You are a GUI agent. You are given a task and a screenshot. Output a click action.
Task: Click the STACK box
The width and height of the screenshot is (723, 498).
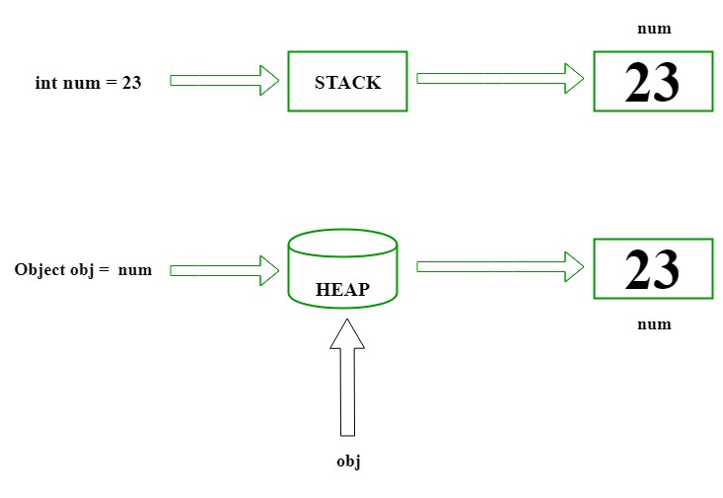pos(347,81)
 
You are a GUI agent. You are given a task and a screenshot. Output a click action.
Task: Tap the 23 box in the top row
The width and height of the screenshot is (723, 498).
pos(652,81)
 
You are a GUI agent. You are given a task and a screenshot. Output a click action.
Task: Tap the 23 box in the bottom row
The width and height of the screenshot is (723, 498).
pos(652,268)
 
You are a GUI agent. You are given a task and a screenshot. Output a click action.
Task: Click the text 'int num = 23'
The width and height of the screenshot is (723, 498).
pos(88,83)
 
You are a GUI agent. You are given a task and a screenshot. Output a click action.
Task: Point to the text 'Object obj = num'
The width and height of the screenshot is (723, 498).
pos(84,269)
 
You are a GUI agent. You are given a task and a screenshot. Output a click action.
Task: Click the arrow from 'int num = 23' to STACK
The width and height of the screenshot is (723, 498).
pos(224,81)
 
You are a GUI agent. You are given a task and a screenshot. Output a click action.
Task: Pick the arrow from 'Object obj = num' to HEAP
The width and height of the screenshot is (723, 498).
pos(224,268)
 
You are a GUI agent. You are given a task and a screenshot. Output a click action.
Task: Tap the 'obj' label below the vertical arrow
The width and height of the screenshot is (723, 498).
pos(348,462)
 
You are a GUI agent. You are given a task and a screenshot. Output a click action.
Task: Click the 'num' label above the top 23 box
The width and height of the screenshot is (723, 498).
pos(654,29)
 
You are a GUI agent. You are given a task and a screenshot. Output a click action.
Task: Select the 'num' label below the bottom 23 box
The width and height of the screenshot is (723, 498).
pos(654,323)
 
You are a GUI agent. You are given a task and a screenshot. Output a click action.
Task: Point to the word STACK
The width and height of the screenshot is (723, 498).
pos(347,83)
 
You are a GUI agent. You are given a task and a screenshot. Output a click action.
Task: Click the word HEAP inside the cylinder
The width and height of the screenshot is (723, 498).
pos(341,290)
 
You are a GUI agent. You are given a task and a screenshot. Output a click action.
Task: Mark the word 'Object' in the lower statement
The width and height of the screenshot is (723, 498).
pos(38,269)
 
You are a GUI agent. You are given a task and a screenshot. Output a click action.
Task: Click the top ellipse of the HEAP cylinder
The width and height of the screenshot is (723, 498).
pos(341,243)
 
